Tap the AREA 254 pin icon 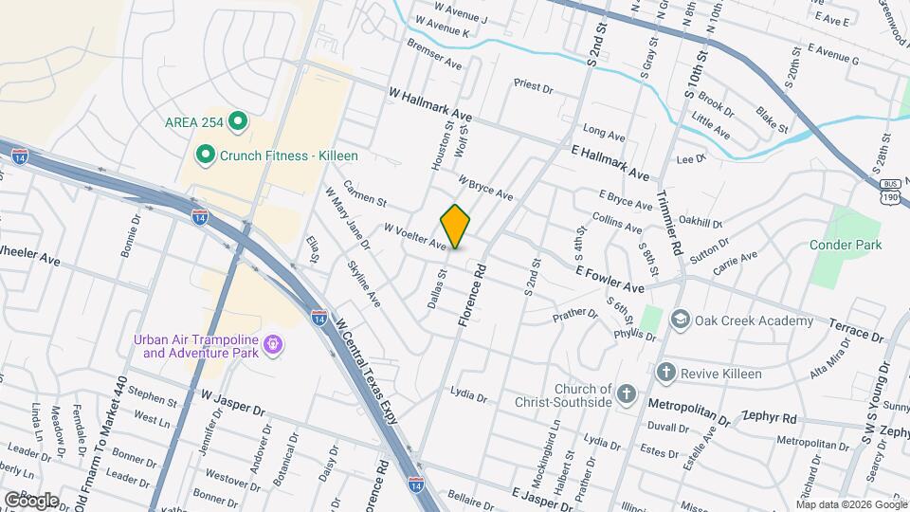239,121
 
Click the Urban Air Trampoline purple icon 273,343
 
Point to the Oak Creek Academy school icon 680,320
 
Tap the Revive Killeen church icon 666,373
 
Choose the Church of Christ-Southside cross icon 626,393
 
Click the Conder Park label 846,245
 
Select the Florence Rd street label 472,297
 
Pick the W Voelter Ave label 414,236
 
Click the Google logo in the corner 31,500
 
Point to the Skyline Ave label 363,284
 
